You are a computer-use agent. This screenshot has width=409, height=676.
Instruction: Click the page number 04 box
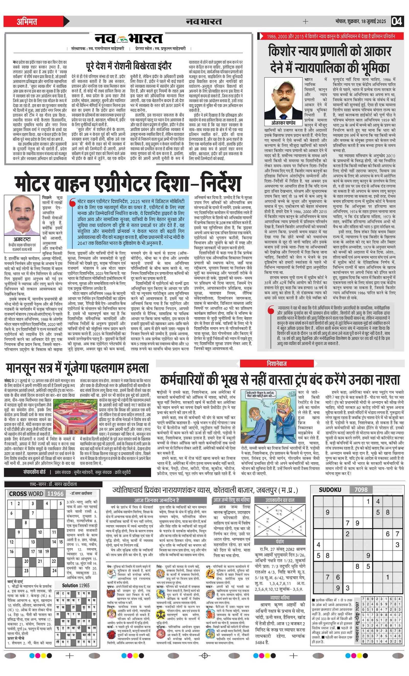click(397, 21)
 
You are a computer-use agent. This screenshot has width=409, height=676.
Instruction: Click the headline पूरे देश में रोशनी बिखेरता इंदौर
click(129, 66)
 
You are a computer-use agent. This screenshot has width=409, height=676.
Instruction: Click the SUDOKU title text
click(330, 489)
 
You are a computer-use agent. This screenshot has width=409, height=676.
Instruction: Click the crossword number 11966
click(55, 494)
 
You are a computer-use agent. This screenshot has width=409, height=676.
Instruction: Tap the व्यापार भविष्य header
click(280, 597)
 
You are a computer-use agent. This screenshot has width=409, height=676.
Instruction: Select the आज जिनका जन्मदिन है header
click(156, 500)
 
